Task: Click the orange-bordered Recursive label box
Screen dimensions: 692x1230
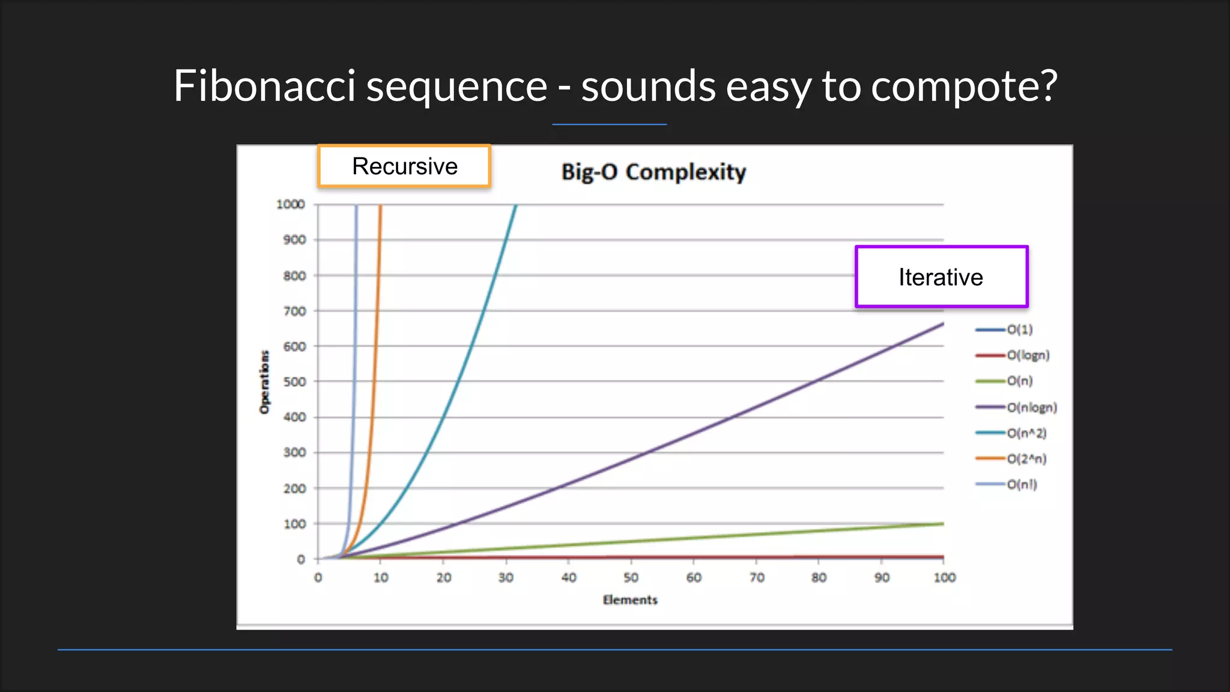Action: pyautogui.click(x=404, y=166)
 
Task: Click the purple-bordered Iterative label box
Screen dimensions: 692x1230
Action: pyautogui.click(x=941, y=277)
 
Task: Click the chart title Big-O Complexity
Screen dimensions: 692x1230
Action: pyautogui.click(x=653, y=172)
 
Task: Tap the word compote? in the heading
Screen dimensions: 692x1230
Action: pyautogui.click(x=963, y=86)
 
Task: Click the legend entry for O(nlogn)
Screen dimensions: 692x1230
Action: pyautogui.click(x=1031, y=407)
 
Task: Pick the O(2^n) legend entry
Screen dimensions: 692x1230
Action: pyautogui.click(x=1026, y=459)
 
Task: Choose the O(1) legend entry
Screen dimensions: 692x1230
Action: pyautogui.click(x=1019, y=329)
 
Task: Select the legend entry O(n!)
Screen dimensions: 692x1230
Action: pyautogui.click(x=1021, y=484)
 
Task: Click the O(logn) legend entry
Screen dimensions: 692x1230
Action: pyautogui.click(x=1028, y=355)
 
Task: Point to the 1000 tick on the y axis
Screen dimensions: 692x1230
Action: pyautogui.click(x=291, y=204)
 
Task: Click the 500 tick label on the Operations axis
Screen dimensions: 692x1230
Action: pyautogui.click(x=294, y=381)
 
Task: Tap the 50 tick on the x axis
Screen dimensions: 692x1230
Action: pyautogui.click(x=631, y=577)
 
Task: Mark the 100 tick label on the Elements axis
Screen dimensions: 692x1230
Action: pyautogui.click(x=944, y=577)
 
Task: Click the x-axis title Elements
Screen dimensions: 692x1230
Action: pyautogui.click(x=630, y=599)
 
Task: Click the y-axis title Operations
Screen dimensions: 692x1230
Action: pyautogui.click(x=264, y=382)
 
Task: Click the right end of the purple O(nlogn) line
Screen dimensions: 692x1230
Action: pyautogui.click(x=942, y=325)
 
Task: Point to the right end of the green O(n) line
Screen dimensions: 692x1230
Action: pyautogui.click(x=942, y=524)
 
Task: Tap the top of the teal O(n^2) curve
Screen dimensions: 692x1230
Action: pyautogui.click(x=515, y=207)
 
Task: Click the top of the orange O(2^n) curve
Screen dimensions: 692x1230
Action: pyautogui.click(x=380, y=207)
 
